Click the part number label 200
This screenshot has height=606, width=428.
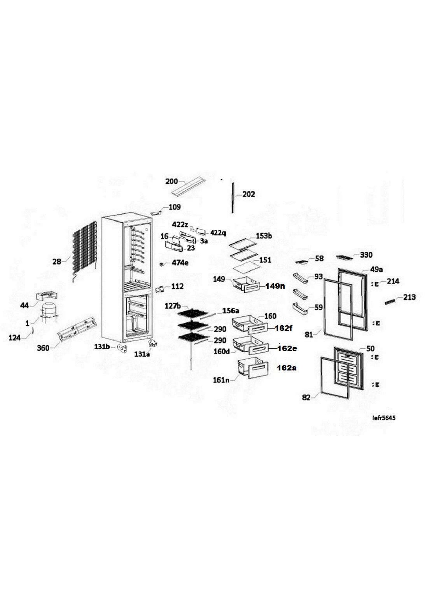[x=172, y=182]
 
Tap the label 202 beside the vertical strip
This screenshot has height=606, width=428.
[x=249, y=195]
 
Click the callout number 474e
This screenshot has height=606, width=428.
[x=180, y=263]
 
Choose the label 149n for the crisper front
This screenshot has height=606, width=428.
[x=275, y=286]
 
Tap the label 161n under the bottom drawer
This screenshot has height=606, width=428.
[x=221, y=381]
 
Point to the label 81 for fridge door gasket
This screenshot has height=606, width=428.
[x=309, y=335]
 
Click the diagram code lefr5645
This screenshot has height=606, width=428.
[x=384, y=418]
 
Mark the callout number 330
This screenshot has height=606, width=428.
[x=366, y=255]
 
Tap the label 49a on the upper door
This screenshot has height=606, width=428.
[x=376, y=270]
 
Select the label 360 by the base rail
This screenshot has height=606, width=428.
[x=43, y=348]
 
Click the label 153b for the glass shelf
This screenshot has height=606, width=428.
[x=264, y=236]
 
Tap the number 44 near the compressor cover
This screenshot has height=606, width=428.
[x=25, y=306]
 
